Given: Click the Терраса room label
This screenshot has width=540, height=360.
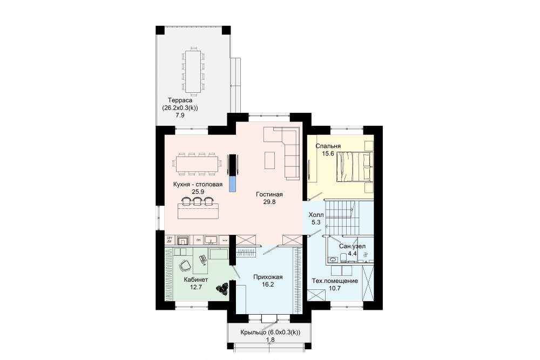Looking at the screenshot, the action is pos(180,100).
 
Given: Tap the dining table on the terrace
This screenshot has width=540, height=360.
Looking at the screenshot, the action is pos(192,72).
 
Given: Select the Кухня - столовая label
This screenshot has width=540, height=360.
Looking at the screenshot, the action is pos(198,185).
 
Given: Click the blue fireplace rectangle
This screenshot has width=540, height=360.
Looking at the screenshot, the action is pos(233,184).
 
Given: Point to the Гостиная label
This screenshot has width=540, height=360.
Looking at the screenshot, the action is pos(269,194).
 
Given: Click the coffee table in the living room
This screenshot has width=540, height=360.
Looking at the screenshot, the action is pos(269,160).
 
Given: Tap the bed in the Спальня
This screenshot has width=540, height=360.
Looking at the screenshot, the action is pos(355,167).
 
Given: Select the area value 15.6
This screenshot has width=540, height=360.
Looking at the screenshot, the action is pos(328,153).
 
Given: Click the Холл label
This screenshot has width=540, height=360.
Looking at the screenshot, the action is pos(316,215).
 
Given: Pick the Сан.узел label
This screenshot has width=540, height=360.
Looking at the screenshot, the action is pos(352,247).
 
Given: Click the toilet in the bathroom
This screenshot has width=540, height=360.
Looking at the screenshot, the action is pos(343,258).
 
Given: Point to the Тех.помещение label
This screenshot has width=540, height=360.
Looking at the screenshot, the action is pos(335,281).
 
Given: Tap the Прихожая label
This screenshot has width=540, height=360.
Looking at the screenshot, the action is pos(268,277).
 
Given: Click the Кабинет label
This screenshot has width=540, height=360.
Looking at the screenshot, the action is pos(195,280).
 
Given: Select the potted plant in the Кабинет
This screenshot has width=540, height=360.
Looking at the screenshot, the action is pos(222,288).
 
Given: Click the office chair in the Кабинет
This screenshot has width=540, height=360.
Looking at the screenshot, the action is pos(185,266).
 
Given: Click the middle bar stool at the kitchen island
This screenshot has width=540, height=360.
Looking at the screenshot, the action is pos(197,201).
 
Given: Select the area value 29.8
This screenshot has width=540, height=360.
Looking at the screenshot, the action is pos(269,202).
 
